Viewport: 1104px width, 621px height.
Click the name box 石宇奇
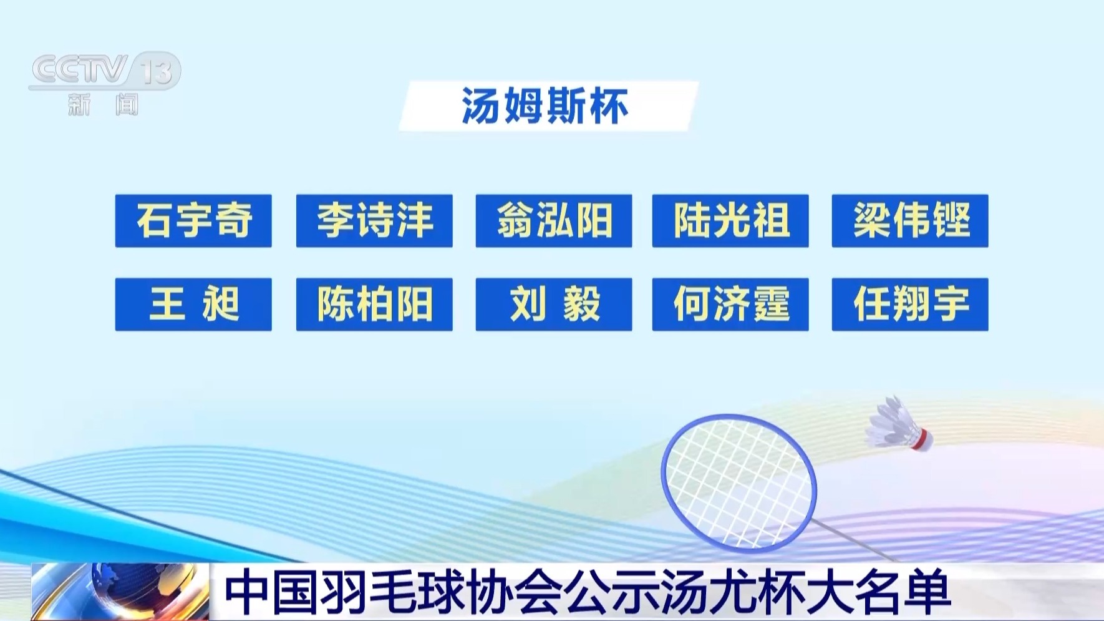[193, 221]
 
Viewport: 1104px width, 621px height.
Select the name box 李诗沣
[374, 221]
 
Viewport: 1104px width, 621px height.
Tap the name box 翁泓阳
[554, 221]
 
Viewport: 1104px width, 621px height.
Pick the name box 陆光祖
[730, 221]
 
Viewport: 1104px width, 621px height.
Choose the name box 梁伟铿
[910, 221]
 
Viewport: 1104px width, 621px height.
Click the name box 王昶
[193, 305]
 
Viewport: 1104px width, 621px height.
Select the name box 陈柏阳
[374, 305]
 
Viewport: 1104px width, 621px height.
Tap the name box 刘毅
[554, 305]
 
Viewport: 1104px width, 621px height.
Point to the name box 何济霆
[730, 305]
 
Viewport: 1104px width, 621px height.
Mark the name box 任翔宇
[910, 305]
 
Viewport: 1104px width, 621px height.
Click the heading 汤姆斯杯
[546, 106]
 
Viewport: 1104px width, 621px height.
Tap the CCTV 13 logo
[105, 70]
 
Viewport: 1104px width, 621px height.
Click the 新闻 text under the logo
[104, 104]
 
